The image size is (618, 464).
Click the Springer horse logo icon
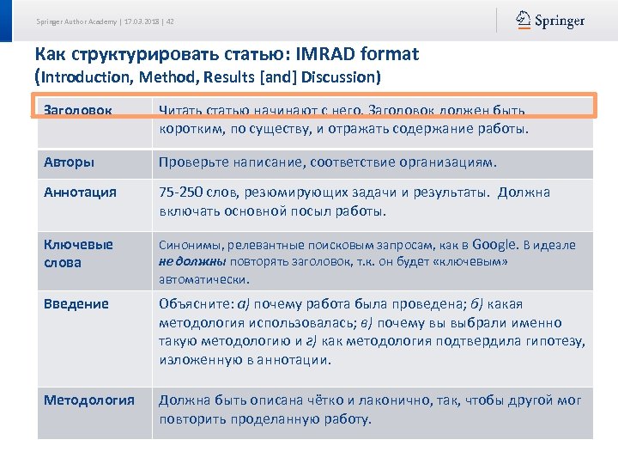(x=523, y=20)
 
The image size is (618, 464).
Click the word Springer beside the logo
(x=559, y=21)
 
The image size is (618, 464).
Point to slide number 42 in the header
(x=169, y=21)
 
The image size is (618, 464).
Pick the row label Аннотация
(x=80, y=192)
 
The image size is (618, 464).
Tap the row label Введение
(x=76, y=303)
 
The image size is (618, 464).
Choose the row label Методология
(x=88, y=400)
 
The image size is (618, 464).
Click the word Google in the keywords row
(x=495, y=244)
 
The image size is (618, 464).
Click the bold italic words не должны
(x=191, y=262)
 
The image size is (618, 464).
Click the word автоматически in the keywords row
(x=203, y=279)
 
